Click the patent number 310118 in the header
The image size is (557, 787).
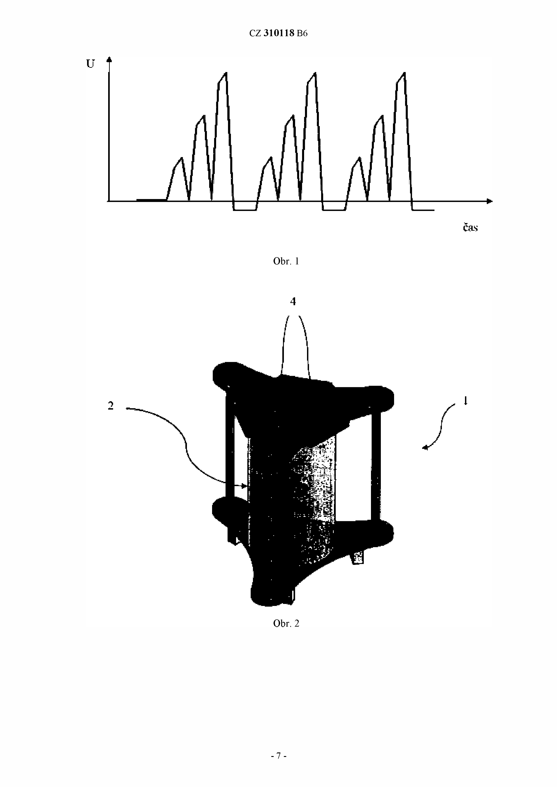tap(279, 33)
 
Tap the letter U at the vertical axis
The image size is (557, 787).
tap(90, 64)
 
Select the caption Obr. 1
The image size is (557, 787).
tap(286, 261)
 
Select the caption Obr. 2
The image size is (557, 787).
tap(286, 623)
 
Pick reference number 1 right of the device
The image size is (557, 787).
tap(465, 400)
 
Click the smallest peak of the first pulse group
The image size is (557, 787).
tap(181, 158)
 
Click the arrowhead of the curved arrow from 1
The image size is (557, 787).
tap(425, 447)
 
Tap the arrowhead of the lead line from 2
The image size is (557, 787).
tap(244, 486)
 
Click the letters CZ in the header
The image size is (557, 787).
tap(255, 33)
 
